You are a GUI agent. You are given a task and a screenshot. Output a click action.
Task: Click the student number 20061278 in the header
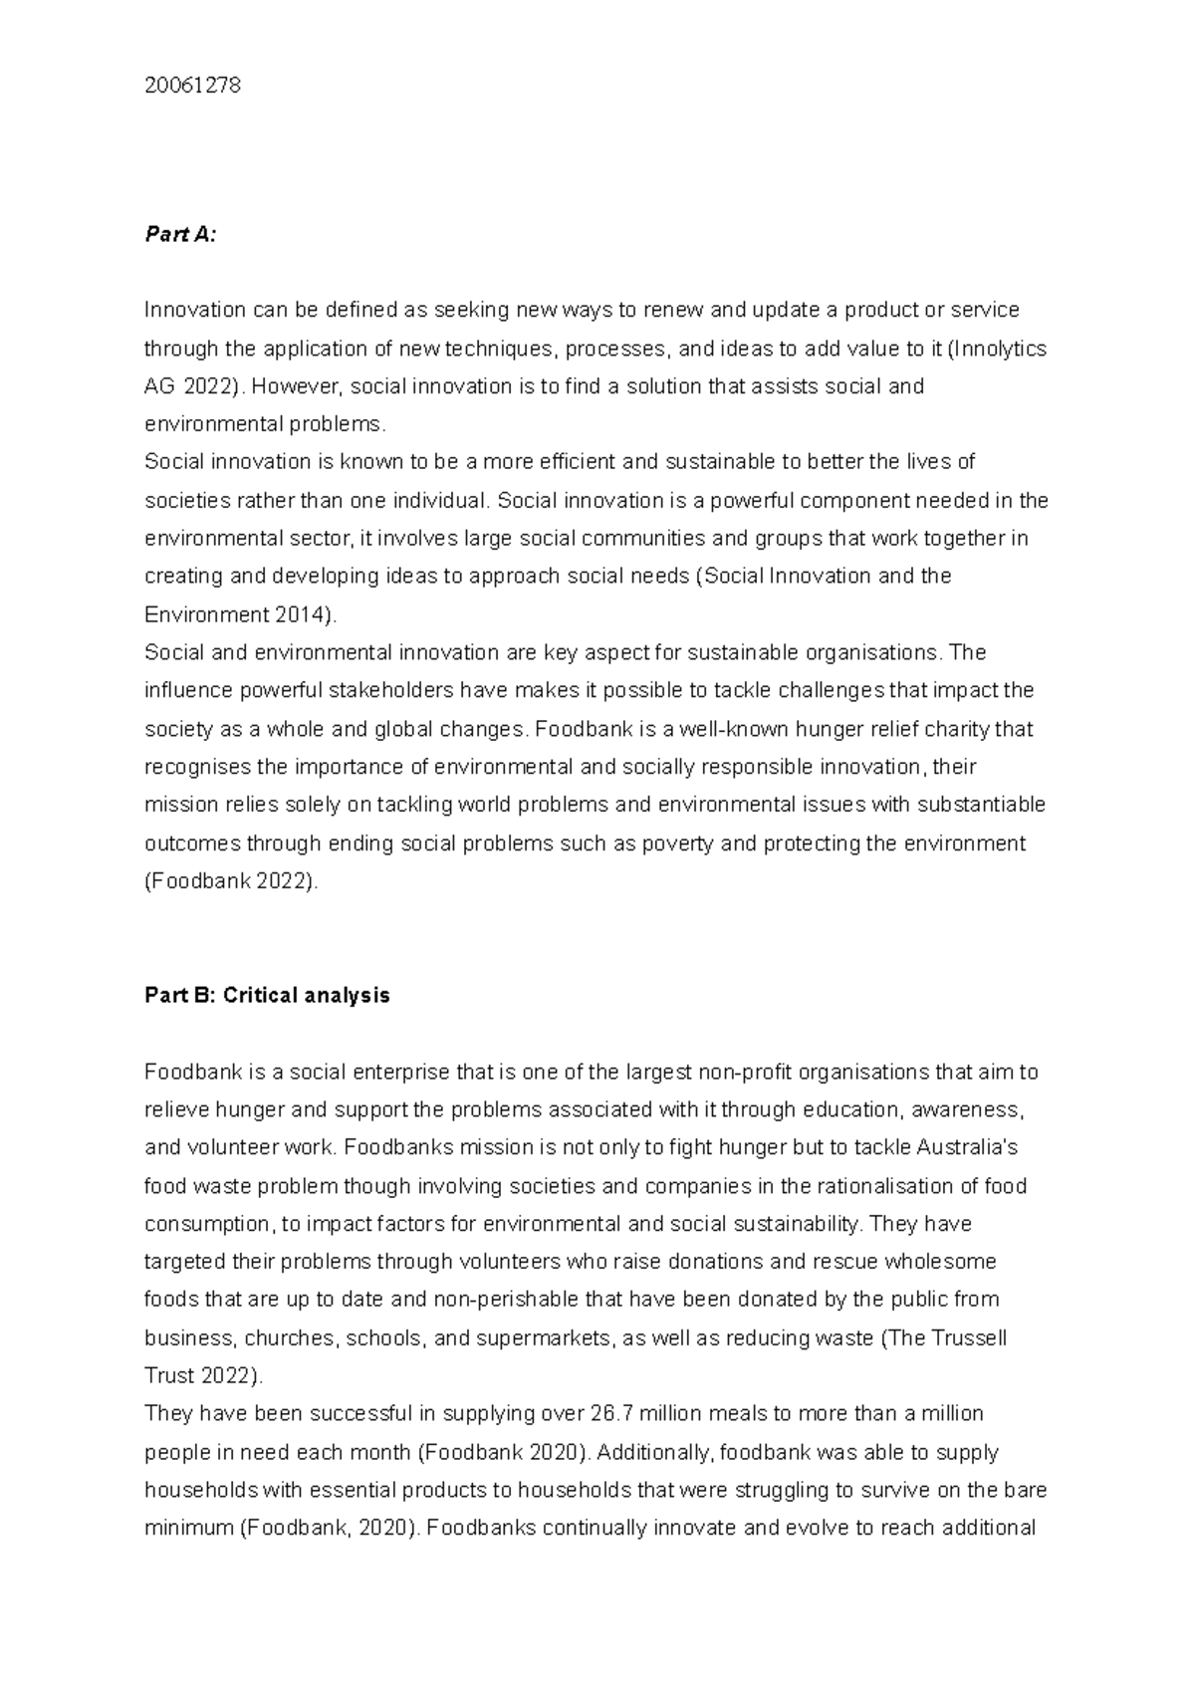point(192,86)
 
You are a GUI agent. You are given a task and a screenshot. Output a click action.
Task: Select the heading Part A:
point(180,234)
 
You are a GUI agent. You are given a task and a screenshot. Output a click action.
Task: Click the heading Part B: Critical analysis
point(267,995)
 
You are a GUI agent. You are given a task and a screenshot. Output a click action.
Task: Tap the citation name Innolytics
point(1000,349)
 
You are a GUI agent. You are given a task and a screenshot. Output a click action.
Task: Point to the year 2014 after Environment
point(300,614)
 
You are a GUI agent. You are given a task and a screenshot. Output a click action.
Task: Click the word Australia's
point(966,1147)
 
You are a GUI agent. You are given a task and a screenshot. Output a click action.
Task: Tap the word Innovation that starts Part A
point(195,310)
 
